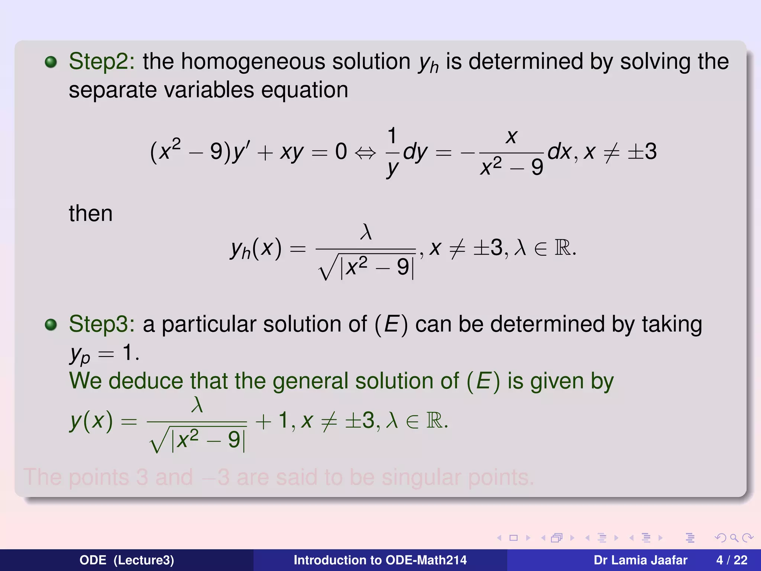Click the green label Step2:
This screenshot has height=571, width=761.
tap(101, 61)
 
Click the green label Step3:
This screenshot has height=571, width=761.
tap(101, 324)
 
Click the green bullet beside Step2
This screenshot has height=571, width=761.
tap(51, 62)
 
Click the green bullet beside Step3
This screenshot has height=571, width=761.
tap(51, 325)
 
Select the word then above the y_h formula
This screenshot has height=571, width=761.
tap(90, 213)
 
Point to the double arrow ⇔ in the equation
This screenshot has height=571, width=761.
tap(365, 152)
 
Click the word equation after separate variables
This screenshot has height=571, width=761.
tap(304, 90)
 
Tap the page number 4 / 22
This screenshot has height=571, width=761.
tap(732, 560)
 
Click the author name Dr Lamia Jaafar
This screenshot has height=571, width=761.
tap(640, 560)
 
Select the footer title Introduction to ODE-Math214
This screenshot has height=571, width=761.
tap(380, 560)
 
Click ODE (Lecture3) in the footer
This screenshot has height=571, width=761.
tap(127, 560)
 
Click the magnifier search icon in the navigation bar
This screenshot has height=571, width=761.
tap(734, 538)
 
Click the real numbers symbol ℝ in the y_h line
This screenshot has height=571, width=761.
tap(563, 248)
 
